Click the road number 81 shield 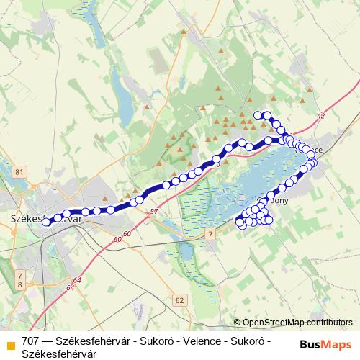[19, 171]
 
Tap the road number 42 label [320, 115]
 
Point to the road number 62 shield [179, 299]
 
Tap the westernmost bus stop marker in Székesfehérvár [46, 222]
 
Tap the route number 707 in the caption [31, 341]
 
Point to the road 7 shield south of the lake [210, 235]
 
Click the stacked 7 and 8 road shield [19, 281]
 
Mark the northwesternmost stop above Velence [258, 115]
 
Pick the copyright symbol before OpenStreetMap [237, 323]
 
